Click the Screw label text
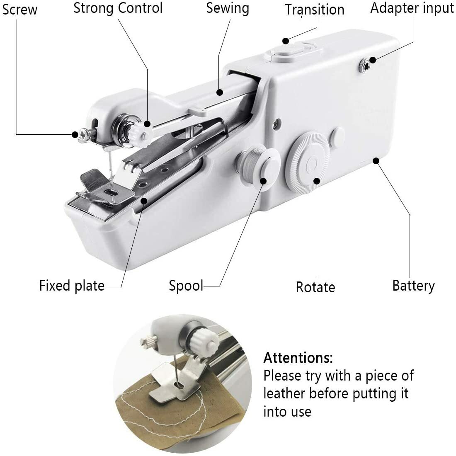click(19, 9)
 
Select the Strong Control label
click(118, 8)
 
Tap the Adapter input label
click(412, 8)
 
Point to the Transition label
click(315, 10)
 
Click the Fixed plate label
click(72, 286)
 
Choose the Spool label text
click(186, 286)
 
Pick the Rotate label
click(315, 287)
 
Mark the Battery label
click(413, 286)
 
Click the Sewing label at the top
click(228, 8)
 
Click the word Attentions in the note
click(298, 357)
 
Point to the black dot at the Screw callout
click(75, 134)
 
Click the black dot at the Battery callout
click(376, 160)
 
